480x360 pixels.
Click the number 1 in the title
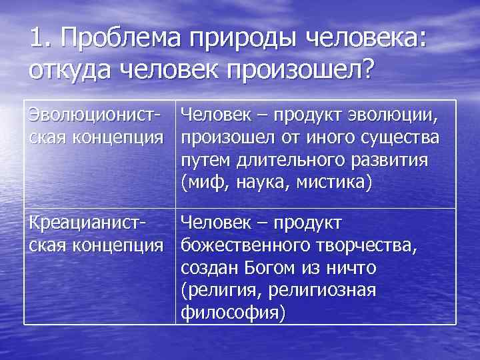pyautogui.click(x=37, y=38)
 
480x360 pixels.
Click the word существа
pyautogui.click(x=397, y=139)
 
